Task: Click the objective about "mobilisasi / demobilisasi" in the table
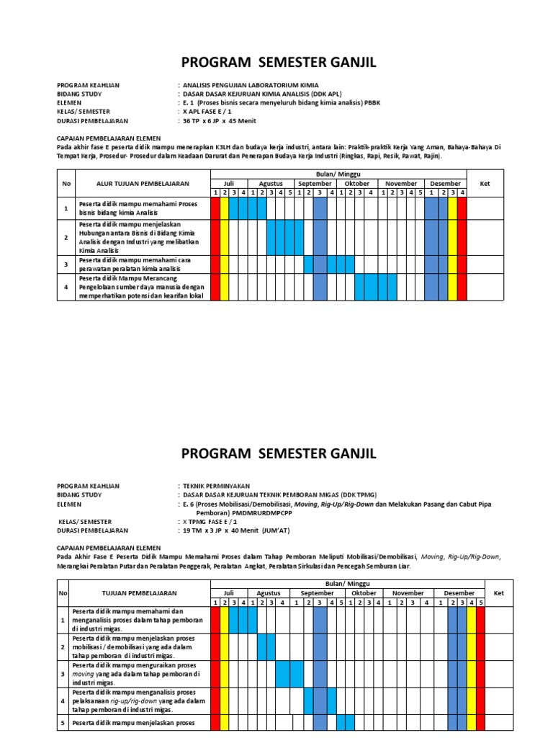[x=133, y=646]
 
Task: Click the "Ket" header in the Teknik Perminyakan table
[x=498, y=593]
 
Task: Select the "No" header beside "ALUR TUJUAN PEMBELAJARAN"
[x=67, y=183]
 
